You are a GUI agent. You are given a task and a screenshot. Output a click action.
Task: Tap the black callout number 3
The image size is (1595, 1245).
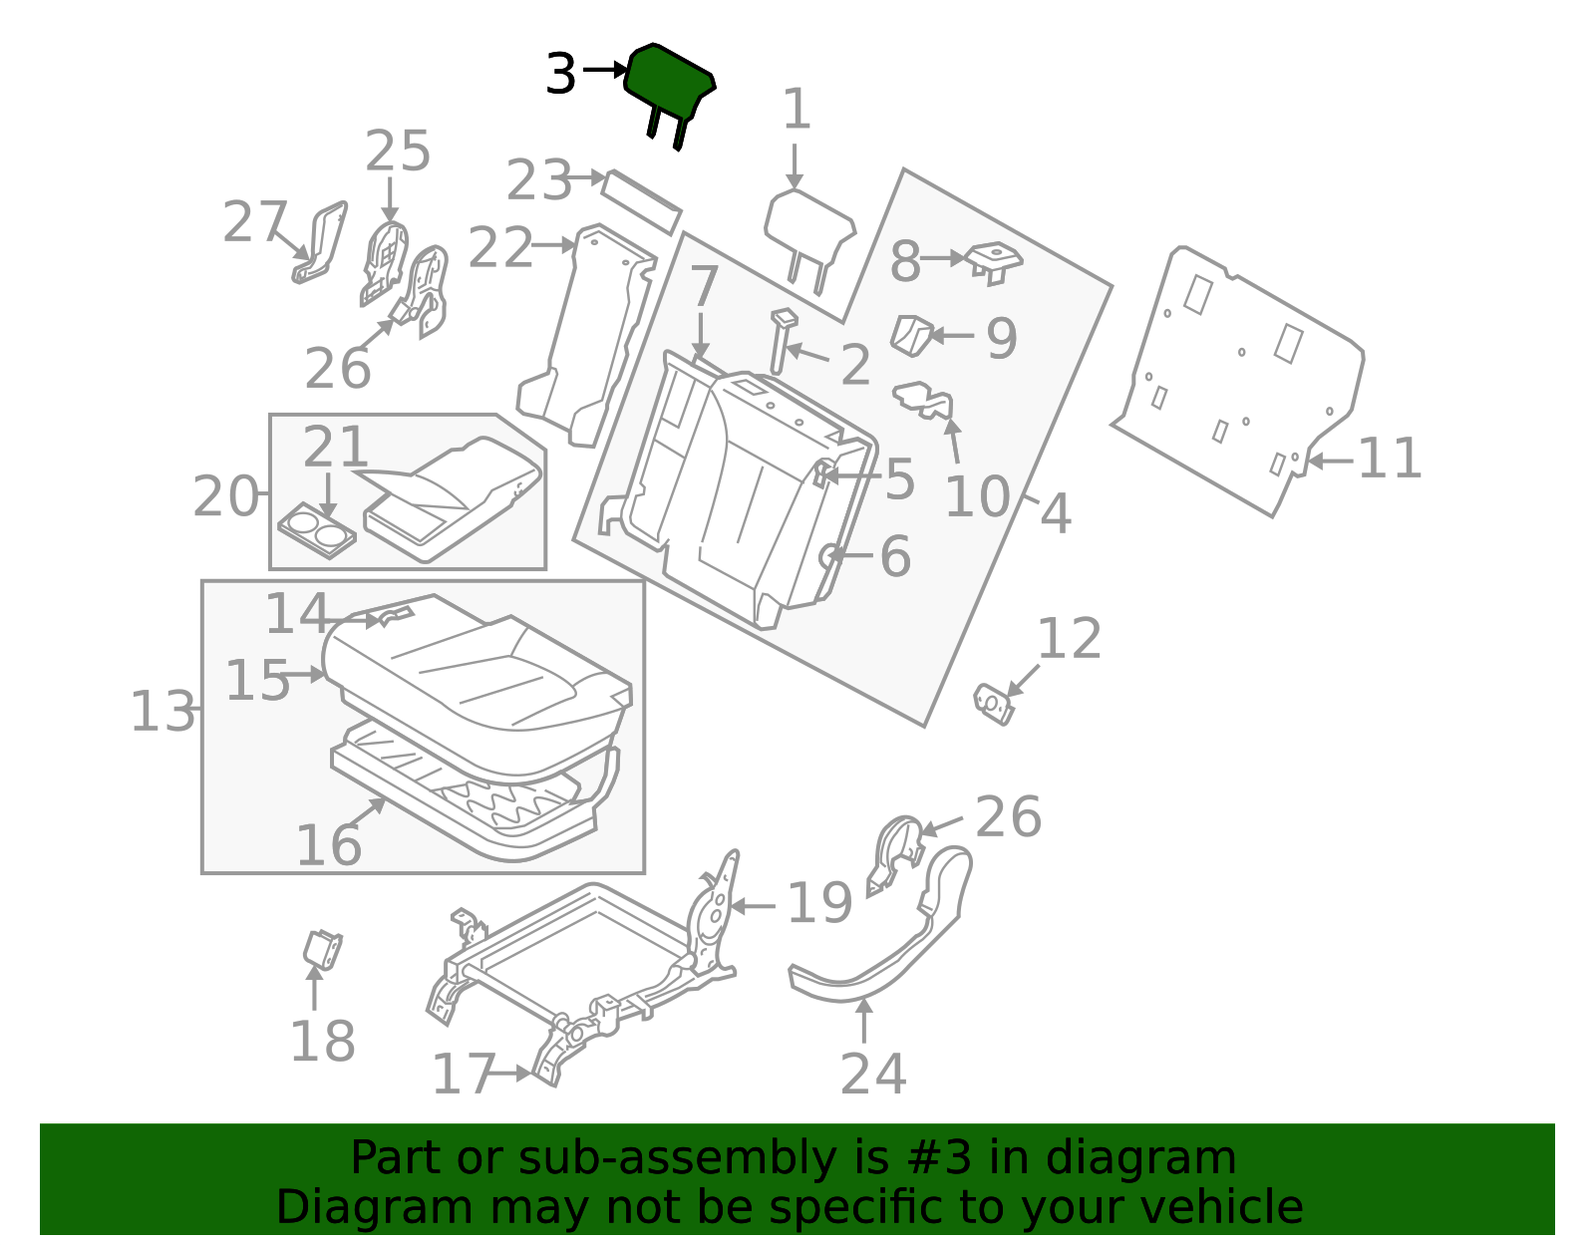point(561,74)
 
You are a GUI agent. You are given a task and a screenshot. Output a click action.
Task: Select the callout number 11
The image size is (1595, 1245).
point(1390,459)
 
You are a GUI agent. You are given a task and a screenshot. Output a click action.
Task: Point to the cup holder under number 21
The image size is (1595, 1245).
point(317,530)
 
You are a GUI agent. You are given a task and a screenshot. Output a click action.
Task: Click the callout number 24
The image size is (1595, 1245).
point(872,1075)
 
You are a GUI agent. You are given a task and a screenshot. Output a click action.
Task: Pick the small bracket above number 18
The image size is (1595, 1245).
point(322,949)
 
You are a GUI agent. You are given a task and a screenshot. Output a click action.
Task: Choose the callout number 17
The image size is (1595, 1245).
point(464,1074)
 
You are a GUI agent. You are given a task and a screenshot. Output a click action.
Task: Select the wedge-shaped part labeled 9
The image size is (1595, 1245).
point(911,336)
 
